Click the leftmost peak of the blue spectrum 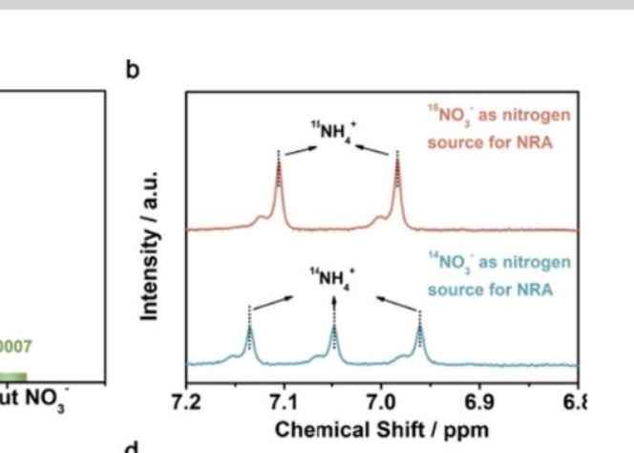coord(249,330)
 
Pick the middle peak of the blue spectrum coord(334,330)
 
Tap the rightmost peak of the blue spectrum coord(420,330)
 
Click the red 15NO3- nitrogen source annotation coord(498,126)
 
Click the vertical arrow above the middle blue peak coord(334,306)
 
